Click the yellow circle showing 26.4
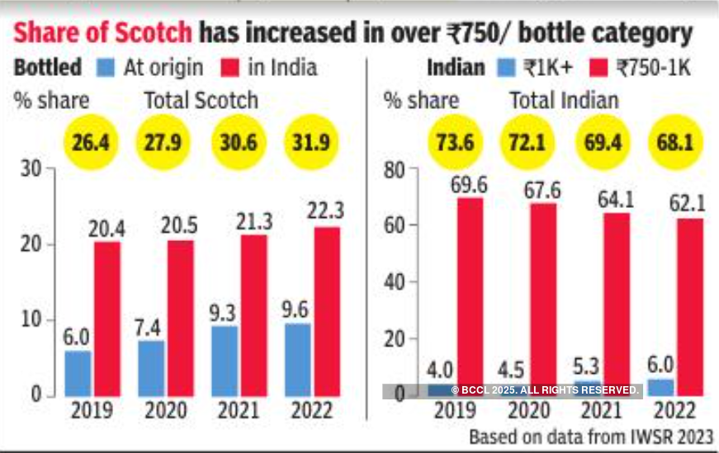[88, 143]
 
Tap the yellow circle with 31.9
[309, 143]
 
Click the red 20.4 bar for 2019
[107, 319]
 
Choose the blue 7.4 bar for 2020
[152, 368]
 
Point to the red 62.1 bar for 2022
[690, 306]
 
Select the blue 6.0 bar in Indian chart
[660, 387]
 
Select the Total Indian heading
[564, 101]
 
